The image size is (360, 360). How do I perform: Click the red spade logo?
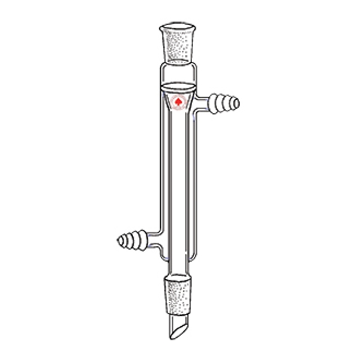[179, 103]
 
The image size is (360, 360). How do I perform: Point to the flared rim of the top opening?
[179, 27]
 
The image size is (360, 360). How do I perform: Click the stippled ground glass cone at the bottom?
[179, 294]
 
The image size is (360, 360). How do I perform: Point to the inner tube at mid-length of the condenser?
[179, 174]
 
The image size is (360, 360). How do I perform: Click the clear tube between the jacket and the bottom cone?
[179, 266]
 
